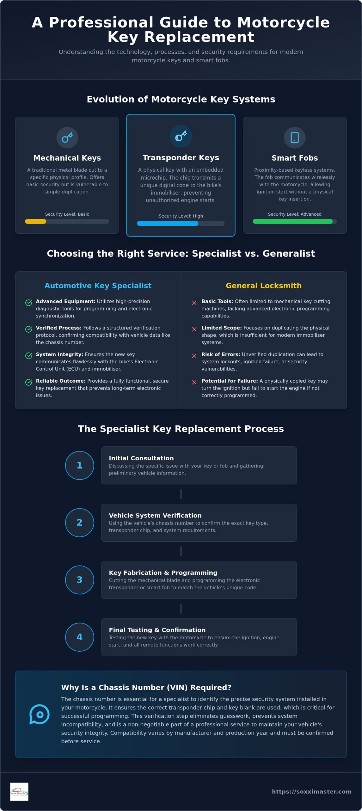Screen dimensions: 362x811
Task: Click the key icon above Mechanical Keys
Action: (x=67, y=137)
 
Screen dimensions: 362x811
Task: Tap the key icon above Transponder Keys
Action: (x=181, y=136)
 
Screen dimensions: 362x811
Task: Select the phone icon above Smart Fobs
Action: (x=295, y=137)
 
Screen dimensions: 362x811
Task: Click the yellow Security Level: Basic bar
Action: (x=36, y=221)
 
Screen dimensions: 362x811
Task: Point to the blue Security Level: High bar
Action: (x=168, y=223)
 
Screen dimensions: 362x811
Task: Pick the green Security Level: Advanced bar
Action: (x=293, y=221)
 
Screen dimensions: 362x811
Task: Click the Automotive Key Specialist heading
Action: (x=98, y=285)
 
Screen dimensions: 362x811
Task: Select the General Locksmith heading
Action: (x=264, y=285)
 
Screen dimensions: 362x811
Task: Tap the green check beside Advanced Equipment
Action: (x=29, y=303)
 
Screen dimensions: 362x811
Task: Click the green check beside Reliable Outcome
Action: (x=29, y=382)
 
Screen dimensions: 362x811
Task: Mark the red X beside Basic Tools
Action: (x=194, y=303)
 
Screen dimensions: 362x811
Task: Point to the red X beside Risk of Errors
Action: (x=194, y=356)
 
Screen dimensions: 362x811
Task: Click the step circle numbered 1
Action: (x=80, y=465)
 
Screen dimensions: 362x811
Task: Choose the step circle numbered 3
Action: (x=80, y=580)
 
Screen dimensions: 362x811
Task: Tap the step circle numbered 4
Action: (x=80, y=637)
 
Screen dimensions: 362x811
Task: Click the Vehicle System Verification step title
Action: (x=155, y=515)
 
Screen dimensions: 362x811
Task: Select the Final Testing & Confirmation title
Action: (x=157, y=630)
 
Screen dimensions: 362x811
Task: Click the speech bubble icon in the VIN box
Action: (x=39, y=714)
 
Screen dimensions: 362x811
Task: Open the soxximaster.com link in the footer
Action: (x=312, y=791)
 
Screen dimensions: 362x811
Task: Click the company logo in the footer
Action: (x=19, y=792)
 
